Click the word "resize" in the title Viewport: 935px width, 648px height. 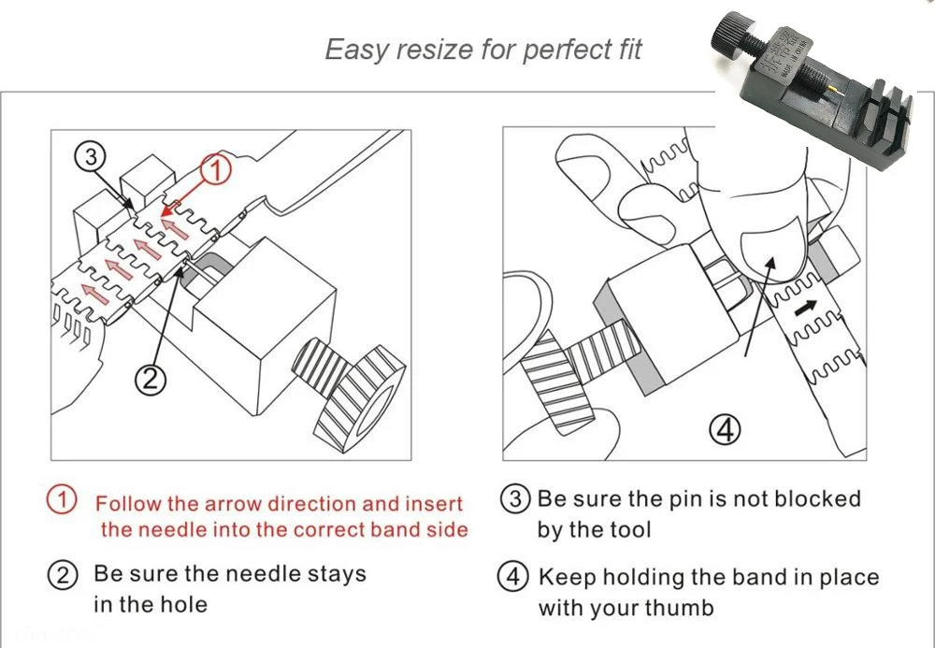(437, 50)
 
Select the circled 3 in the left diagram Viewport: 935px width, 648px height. (91, 157)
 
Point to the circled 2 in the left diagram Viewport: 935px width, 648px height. (151, 379)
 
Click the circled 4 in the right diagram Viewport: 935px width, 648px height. (726, 429)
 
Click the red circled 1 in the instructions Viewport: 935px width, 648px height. (62, 500)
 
